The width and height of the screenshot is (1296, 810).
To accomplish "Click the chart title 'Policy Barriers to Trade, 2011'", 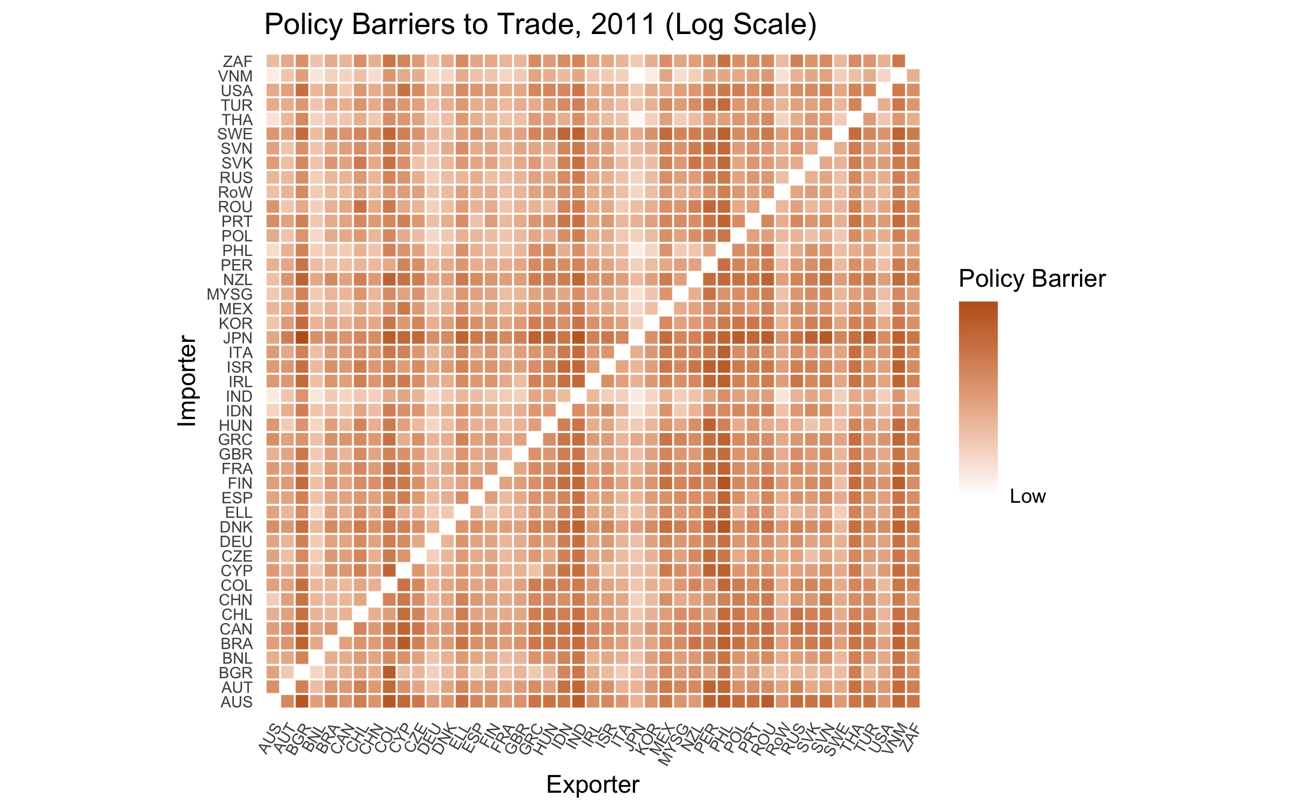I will (540, 25).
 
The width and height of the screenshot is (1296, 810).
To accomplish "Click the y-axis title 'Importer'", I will (187, 381).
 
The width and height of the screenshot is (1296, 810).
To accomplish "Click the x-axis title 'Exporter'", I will (592, 785).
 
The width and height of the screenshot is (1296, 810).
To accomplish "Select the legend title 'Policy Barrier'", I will (1032, 279).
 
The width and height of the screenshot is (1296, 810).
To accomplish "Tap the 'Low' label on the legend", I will (1028, 496).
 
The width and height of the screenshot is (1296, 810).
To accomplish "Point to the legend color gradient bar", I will (978, 397).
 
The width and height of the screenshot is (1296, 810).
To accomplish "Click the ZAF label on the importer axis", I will (238, 62).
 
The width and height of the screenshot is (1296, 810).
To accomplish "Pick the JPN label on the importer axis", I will (238, 338).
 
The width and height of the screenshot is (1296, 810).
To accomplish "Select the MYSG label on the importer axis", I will (230, 294).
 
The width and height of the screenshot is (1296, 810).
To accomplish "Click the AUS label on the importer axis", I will (237, 702).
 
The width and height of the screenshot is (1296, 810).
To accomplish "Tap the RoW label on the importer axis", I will (235, 192).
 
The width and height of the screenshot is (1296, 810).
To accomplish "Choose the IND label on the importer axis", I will (239, 396).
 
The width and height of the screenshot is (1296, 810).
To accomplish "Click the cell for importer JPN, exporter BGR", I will (302, 337).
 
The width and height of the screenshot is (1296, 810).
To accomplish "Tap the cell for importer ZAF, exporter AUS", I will (273, 61).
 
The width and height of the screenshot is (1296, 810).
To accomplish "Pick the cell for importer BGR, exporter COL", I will (389, 672).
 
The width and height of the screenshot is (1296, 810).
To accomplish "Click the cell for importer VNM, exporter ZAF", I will (913, 76).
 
